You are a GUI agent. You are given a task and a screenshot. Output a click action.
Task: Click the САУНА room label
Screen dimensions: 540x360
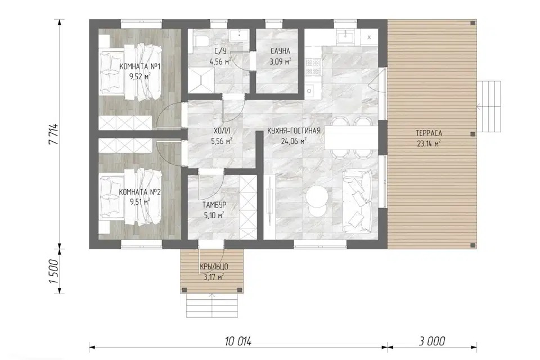tap(280, 51)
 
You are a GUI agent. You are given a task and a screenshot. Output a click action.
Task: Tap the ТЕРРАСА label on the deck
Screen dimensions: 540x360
tap(429, 133)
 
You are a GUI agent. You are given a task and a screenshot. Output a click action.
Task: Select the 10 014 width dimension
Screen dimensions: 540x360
tap(238, 341)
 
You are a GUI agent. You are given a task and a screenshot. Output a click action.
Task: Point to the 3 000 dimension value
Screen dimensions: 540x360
tap(432, 341)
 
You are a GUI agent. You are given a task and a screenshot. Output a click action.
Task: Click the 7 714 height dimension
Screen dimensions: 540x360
tap(54, 134)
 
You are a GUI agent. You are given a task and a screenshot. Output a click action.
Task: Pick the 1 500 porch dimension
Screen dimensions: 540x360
tap(54, 271)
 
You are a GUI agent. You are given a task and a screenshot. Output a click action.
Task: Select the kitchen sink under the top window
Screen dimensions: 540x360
tap(345, 35)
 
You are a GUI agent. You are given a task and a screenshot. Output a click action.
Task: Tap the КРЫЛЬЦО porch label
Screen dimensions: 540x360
tap(214, 267)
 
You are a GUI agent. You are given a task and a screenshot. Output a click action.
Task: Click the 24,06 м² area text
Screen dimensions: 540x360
tap(294, 141)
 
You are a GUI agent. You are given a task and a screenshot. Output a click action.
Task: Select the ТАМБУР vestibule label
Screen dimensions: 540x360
tap(214, 205)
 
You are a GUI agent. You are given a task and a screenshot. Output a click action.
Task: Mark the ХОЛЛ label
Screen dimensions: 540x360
tap(222, 131)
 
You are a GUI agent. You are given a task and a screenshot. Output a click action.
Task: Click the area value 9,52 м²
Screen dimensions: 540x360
tap(139, 76)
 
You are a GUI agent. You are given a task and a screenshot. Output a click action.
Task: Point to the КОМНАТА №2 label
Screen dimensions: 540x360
tap(139, 192)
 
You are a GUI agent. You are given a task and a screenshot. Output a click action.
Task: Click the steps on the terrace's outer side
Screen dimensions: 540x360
tap(489, 106)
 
